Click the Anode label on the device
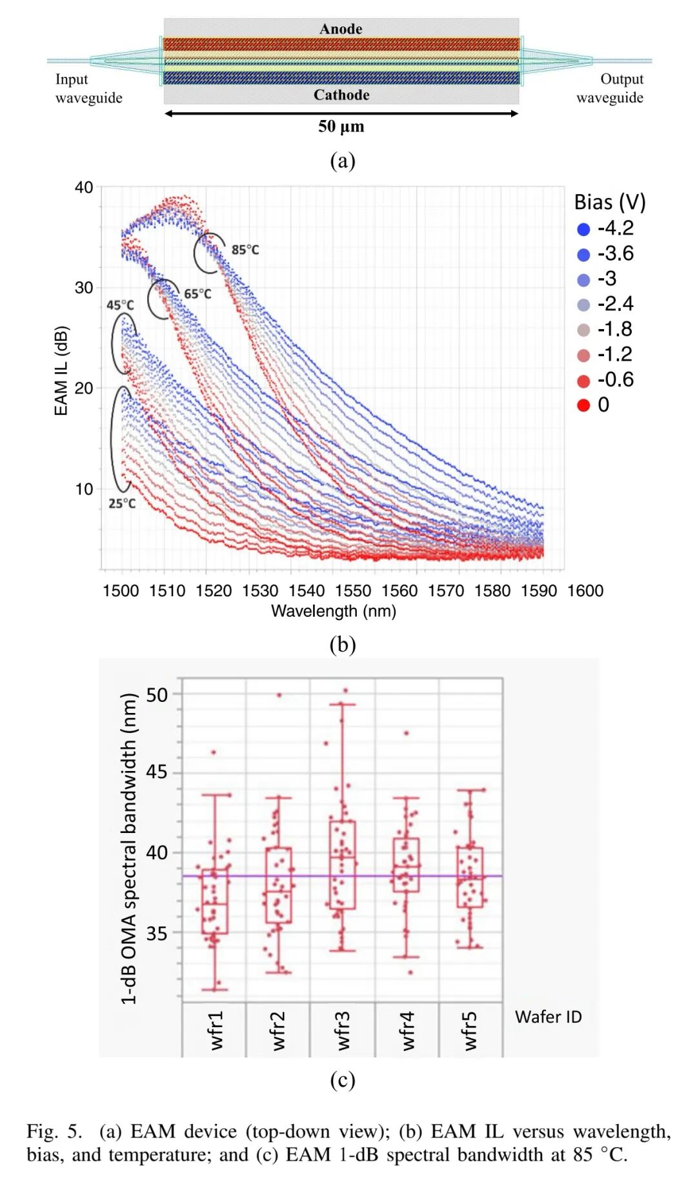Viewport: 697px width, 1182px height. [x=341, y=29]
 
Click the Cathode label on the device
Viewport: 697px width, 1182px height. [x=341, y=95]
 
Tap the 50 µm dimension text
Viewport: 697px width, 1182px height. [x=341, y=126]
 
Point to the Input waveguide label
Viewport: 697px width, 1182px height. [x=88, y=88]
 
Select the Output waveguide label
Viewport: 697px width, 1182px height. [x=610, y=88]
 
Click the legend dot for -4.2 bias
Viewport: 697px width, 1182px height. [x=583, y=229]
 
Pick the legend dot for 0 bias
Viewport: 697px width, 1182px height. [x=583, y=405]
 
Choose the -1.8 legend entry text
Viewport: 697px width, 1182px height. [x=615, y=329]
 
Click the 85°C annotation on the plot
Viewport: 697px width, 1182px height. [x=245, y=250]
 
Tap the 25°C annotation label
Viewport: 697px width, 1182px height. [x=122, y=503]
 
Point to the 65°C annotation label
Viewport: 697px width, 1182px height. [x=197, y=294]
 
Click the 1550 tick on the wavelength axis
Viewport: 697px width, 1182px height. [x=353, y=590]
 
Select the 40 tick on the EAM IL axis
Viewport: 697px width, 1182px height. [x=84, y=188]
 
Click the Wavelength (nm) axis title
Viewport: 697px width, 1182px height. [x=333, y=611]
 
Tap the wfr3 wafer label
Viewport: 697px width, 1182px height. [x=343, y=1030]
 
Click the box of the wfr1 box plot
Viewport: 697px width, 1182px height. [x=215, y=901]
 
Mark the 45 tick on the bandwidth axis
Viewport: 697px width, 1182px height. [x=157, y=772]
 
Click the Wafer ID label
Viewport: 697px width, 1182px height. [x=548, y=1017]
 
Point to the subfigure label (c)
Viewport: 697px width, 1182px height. [x=342, y=1080]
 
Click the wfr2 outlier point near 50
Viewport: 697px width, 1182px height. [x=279, y=695]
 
